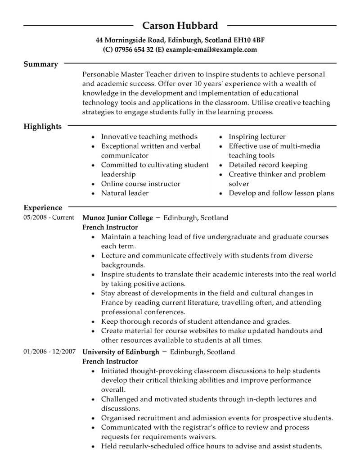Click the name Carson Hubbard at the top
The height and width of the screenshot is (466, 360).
pos(180,25)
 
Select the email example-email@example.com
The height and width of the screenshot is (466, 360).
pos(211,50)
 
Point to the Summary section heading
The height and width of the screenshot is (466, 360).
pos(40,64)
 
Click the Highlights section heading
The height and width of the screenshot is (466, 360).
pos(42,127)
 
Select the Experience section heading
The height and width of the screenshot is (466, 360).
pos(43,208)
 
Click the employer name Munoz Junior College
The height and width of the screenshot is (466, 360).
pos(117,218)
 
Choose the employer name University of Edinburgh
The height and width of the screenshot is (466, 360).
pos(121,351)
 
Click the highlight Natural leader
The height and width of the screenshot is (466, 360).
pos(125,193)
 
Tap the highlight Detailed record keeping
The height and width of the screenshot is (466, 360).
pos(268,165)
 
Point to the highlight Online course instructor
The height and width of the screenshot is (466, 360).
pos(140,184)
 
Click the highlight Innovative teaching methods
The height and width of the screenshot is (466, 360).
pos(149,136)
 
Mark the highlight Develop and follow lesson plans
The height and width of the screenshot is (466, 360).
pos(281,193)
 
